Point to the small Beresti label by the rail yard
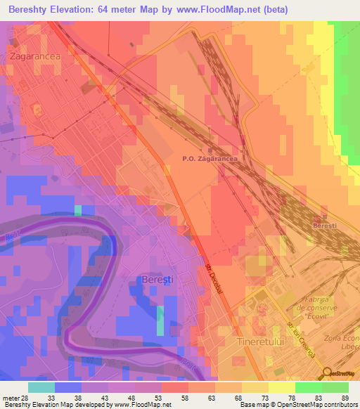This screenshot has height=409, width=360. [326, 226]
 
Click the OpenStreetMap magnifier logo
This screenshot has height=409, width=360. [328, 373]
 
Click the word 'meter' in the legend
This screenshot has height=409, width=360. [11, 398]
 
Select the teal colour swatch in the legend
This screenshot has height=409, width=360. [41, 387]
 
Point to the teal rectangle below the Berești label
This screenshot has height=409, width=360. [160, 320]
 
